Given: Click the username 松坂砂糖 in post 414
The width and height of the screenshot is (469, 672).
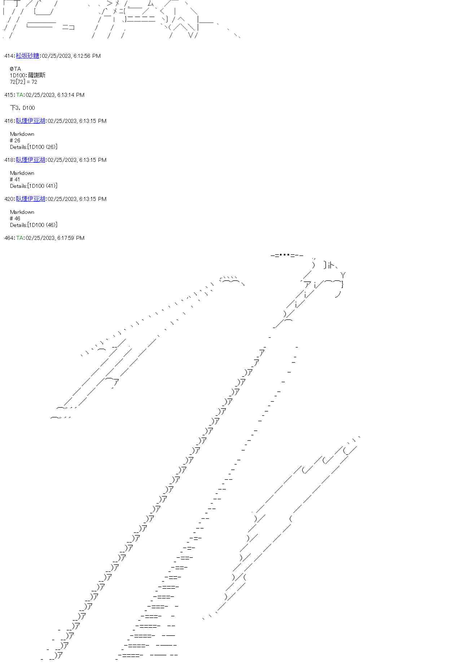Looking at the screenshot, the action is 28,56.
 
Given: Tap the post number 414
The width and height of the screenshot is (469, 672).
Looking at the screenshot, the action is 9,56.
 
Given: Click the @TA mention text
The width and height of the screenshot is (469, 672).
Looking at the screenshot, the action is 16,69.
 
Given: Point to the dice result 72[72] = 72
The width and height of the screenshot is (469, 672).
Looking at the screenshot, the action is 23,82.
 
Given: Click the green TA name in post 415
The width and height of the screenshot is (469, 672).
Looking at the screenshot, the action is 20,95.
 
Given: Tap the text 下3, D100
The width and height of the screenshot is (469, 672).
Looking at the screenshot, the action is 22,108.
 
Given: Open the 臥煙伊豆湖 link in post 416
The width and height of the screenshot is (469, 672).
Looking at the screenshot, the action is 31,121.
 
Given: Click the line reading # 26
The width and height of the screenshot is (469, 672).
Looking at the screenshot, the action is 15,140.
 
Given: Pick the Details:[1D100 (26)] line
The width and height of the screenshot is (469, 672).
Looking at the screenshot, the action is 34,147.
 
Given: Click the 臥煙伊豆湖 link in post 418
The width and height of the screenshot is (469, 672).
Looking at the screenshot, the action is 31,160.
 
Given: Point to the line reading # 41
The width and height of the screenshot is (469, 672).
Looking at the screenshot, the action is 15,179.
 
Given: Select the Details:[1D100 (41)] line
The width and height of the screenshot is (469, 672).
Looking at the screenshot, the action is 34,186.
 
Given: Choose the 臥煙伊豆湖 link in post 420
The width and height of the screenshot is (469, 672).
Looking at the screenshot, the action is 31,199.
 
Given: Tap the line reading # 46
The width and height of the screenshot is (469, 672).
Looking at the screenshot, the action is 15,218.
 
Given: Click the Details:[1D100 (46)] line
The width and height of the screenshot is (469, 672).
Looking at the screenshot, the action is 34,225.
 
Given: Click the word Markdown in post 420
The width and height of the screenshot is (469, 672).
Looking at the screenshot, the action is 22,212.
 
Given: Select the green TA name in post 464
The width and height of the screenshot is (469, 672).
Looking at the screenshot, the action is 20,238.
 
